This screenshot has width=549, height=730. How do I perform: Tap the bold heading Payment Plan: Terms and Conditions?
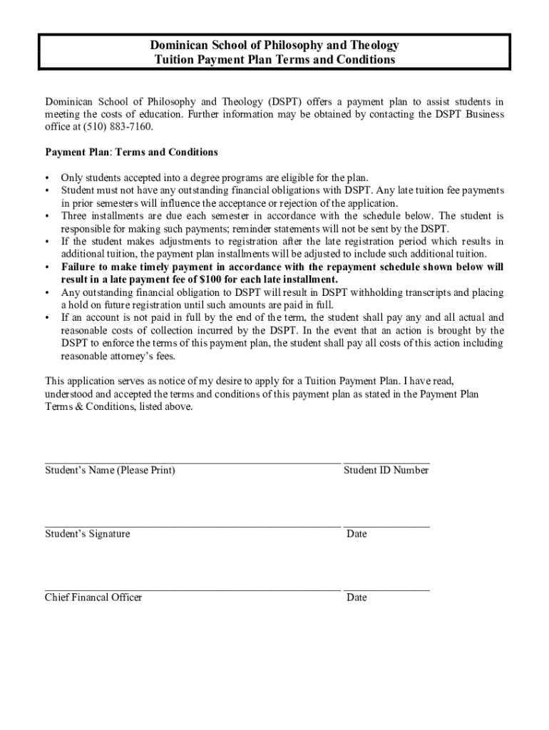point(131,153)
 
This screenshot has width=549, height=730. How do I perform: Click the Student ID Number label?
point(386,471)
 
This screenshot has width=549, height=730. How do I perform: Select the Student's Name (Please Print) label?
point(110,471)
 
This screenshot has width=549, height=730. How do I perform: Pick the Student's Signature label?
point(88,534)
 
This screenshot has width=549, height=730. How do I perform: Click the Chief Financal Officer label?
point(93,597)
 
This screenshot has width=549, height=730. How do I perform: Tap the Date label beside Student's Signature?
point(356,534)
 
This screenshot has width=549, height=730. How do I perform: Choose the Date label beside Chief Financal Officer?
point(356,597)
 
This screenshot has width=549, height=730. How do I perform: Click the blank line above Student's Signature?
point(193,525)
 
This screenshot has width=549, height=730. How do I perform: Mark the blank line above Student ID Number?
point(386,462)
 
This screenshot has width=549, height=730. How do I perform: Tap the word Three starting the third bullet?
point(75,216)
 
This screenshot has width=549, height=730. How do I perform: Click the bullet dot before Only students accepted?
point(47,178)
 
